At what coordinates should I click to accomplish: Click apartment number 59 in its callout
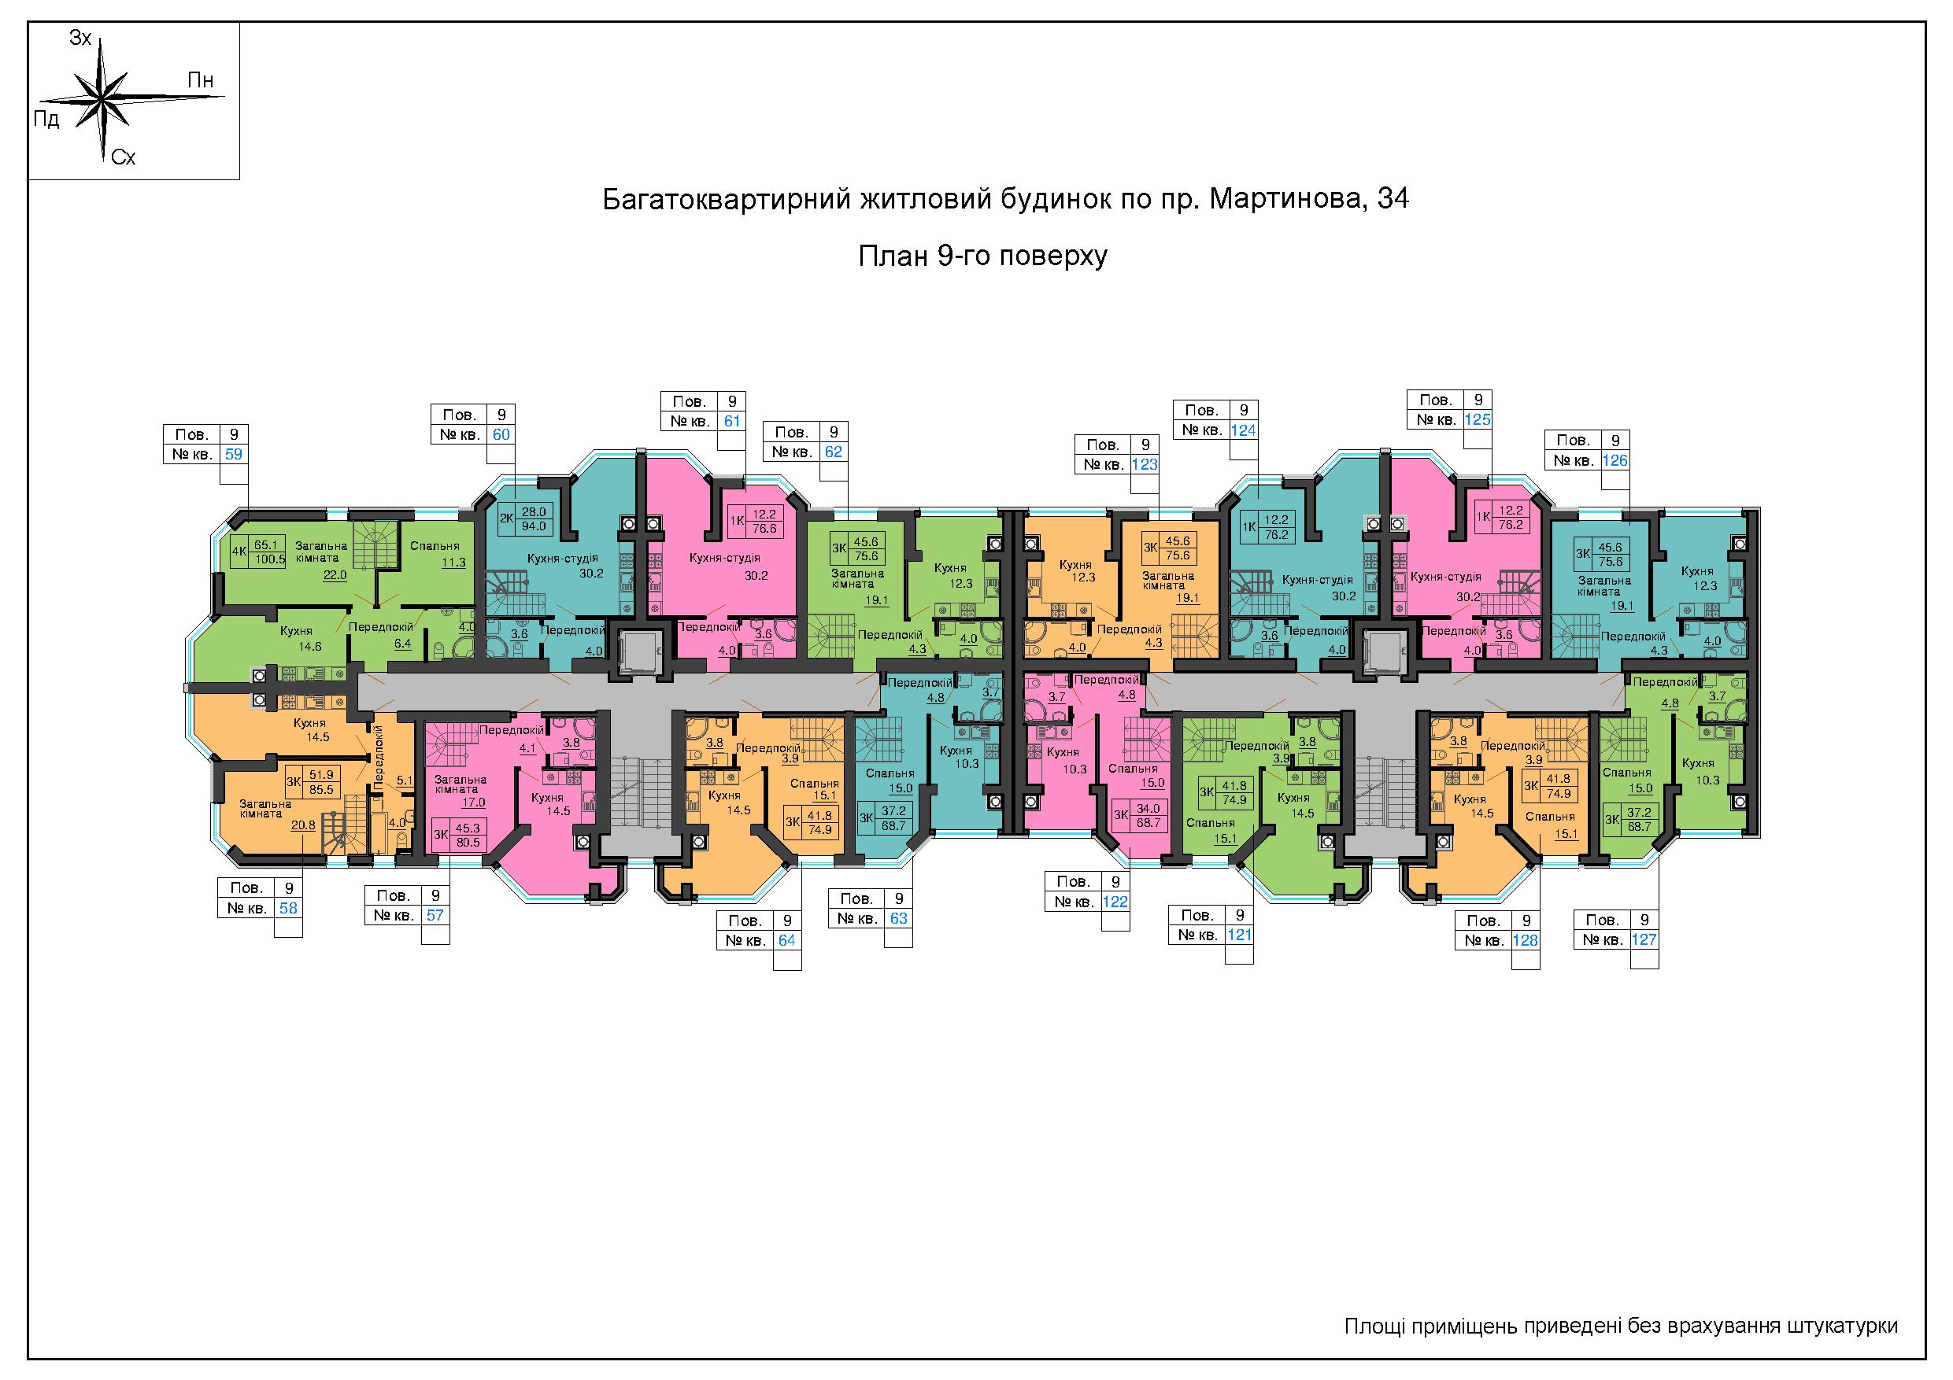(233, 454)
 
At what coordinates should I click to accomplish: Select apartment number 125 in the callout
(1478, 419)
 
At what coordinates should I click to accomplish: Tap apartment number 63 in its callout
(898, 918)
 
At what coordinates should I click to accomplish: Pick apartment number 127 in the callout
(1644, 940)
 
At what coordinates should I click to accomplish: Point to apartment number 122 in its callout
(1115, 902)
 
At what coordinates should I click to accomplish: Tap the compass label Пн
(201, 81)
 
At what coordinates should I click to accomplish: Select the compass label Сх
(124, 158)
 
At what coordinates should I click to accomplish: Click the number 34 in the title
(1393, 199)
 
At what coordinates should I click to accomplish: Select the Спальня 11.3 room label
(435, 555)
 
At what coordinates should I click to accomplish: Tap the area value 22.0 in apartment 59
(335, 575)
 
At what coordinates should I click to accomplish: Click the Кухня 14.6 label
(296, 639)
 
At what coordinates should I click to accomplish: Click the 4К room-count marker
(239, 551)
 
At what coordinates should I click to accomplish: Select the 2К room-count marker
(506, 518)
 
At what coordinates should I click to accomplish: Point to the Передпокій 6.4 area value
(402, 644)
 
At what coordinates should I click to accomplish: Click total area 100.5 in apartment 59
(271, 559)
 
